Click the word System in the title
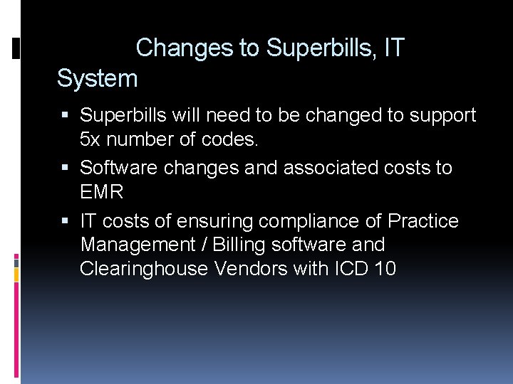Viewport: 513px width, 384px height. click(x=97, y=79)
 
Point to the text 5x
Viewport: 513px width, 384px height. click(x=93, y=139)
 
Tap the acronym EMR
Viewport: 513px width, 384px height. click(x=102, y=192)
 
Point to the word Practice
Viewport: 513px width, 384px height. click(x=423, y=221)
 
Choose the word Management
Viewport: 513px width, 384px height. click(x=135, y=245)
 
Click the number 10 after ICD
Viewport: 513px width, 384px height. click(x=385, y=270)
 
